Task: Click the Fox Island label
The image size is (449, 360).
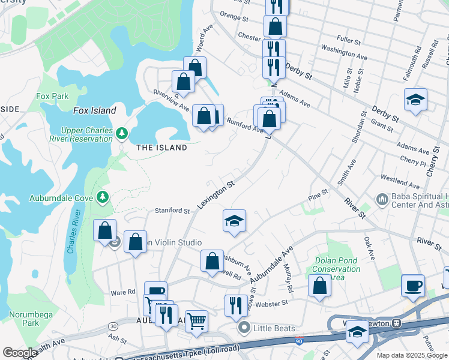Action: pos(94,110)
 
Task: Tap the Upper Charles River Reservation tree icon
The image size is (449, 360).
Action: pos(122,132)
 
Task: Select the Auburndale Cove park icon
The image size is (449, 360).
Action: pos(103,196)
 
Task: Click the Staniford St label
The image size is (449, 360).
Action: pos(172,211)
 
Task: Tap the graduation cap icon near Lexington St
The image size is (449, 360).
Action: pos(234,220)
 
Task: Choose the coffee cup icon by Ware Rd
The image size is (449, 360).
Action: pos(155,292)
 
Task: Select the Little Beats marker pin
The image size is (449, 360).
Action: pos(244,328)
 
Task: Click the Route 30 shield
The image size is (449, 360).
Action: pos(113,326)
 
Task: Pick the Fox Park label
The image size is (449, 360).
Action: pos(52,96)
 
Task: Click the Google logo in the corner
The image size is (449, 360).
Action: pos(20,353)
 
